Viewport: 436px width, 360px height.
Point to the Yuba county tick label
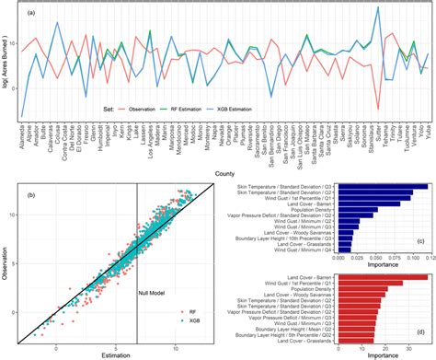[428, 136]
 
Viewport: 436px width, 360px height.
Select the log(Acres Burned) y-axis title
[6, 64]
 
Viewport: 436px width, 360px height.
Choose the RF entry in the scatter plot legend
[191, 312]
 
